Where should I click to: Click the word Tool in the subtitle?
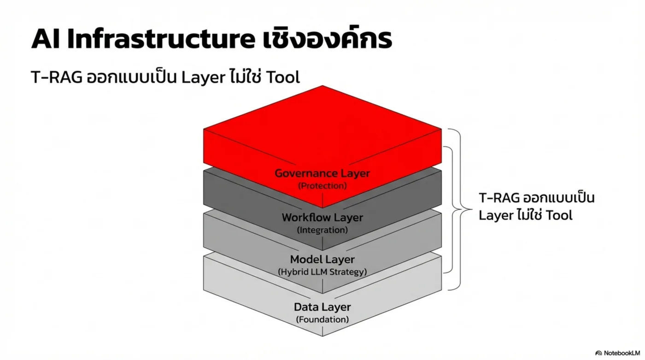pyautogui.click(x=282, y=77)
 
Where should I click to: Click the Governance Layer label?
pyautogui.click(x=322, y=174)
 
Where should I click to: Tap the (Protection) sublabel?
pyautogui.click(x=322, y=186)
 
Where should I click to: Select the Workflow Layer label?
pyautogui.click(x=322, y=217)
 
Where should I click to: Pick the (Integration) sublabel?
pyautogui.click(x=322, y=229)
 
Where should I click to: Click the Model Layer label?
pyautogui.click(x=322, y=260)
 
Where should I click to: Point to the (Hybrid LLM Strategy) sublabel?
pyautogui.click(x=322, y=271)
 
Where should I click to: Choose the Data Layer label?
pyautogui.click(x=322, y=307)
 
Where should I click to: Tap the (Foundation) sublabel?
pyautogui.click(x=322, y=319)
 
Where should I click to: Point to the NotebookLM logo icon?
pyautogui.click(x=598, y=353)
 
